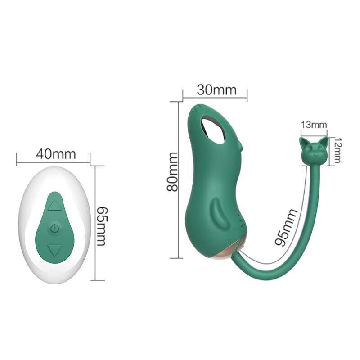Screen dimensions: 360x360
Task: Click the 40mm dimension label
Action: (x=56, y=154)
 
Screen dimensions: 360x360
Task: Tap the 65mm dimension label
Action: (x=101, y=226)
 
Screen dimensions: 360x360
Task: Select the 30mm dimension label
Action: (x=216, y=90)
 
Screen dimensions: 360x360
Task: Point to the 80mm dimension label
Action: (x=173, y=172)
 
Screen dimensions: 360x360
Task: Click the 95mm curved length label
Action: (x=286, y=227)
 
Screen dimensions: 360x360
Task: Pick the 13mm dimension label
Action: (x=314, y=125)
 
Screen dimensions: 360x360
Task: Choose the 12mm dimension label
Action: (x=337, y=150)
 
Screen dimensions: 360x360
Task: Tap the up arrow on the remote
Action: (x=54, y=205)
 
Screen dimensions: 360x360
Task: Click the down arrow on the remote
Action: (x=54, y=250)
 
